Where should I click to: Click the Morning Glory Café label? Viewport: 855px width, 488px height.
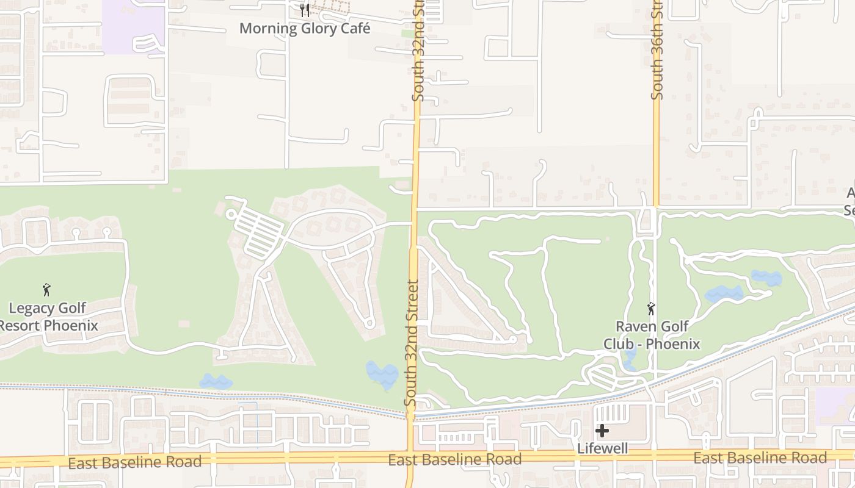pyautogui.click(x=304, y=28)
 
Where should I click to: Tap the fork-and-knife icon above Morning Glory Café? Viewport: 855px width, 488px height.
pyautogui.click(x=305, y=10)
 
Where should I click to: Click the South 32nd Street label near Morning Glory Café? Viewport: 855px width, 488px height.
pyautogui.click(x=418, y=52)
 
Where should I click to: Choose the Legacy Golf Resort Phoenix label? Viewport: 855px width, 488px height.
pyautogui.click(x=48, y=317)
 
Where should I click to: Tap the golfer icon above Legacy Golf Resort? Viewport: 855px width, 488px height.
pyautogui.click(x=46, y=290)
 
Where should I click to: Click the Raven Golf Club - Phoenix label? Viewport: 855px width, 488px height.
pyautogui.click(x=652, y=335)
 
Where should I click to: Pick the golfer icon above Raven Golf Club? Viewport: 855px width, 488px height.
pyautogui.click(x=652, y=308)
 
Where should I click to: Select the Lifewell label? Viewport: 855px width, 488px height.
pyautogui.click(x=602, y=448)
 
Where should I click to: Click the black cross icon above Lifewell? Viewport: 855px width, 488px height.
pyautogui.click(x=602, y=431)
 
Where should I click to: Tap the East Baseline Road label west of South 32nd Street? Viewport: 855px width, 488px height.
pyautogui.click(x=134, y=462)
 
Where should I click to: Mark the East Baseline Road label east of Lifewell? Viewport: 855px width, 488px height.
pyautogui.click(x=760, y=458)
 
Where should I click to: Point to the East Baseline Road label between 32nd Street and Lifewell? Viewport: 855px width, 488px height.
pyautogui.click(x=454, y=459)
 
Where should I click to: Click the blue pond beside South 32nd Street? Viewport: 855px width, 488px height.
pyautogui.click(x=382, y=375)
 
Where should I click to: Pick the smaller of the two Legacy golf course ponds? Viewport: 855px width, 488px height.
pyautogui.click(x=216, y=382)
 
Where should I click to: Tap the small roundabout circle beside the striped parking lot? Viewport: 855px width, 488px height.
pyautogui.click(x=231, y=214)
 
